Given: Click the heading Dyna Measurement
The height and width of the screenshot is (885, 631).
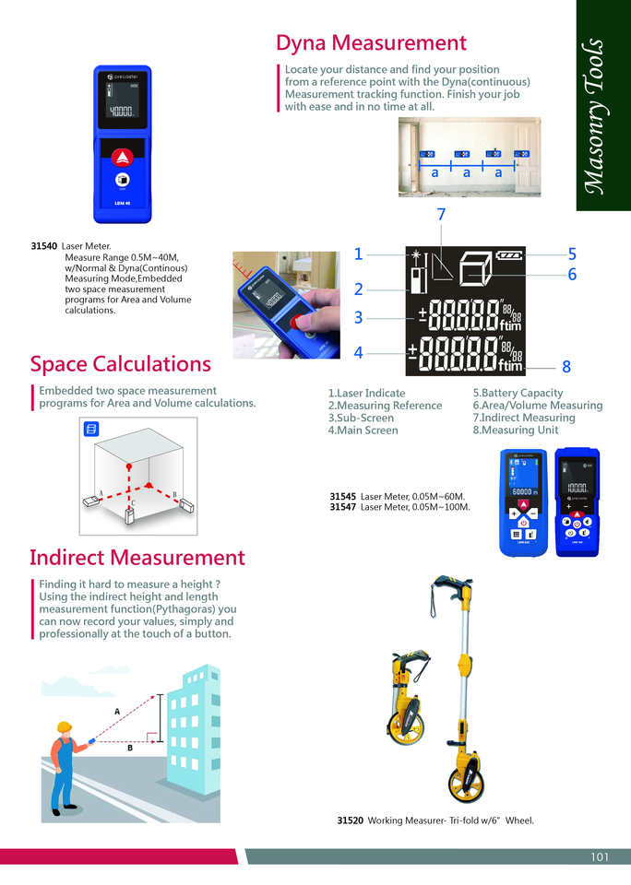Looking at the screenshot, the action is point(371,43).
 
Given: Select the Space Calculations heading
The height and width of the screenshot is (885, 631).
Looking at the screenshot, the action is point(120,363).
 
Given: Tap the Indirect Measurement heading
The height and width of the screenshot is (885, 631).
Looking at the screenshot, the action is point(137,557).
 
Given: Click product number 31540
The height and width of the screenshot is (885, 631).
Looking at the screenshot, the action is point(44,246).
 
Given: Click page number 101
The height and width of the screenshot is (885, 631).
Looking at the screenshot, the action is point(600,857).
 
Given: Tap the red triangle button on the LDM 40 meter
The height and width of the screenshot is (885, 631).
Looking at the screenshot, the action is point(122,156).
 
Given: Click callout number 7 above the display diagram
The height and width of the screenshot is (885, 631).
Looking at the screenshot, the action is point(441,215).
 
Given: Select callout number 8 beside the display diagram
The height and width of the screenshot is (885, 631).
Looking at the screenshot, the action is point(566,367).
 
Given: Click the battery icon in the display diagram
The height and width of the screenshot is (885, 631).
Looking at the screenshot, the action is point(509,255).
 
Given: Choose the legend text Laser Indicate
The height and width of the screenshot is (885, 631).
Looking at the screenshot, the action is point(366,394).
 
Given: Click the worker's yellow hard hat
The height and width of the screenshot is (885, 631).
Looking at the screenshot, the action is point(64,727).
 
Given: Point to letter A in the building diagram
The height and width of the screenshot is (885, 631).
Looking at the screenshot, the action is point(117,711).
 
